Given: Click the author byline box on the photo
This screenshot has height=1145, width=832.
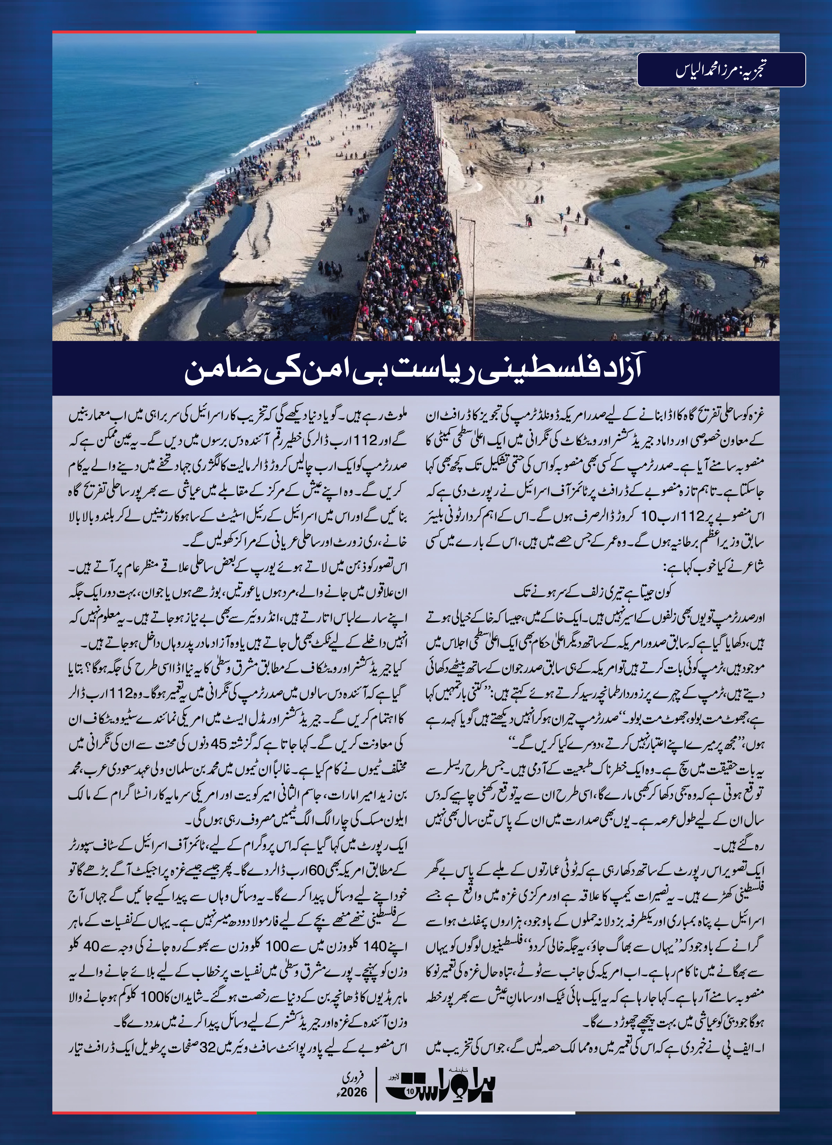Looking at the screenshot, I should click(x=721, y=70).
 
